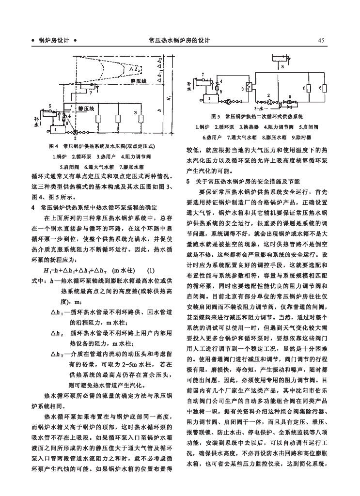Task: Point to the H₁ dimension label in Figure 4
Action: coord(169,98)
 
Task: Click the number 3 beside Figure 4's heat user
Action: coord(136,112)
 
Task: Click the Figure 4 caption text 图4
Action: coord(54,147)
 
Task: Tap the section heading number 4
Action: coord(32,207)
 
